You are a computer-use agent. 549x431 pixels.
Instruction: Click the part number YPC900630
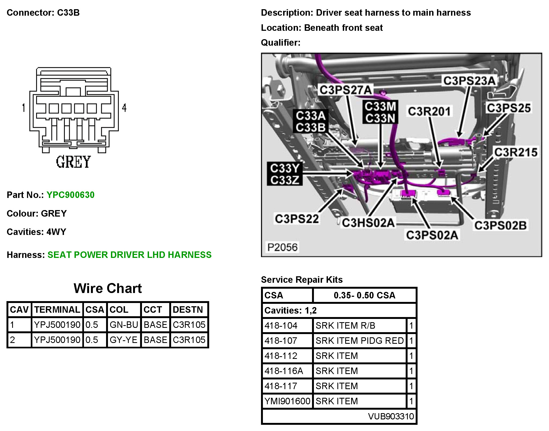[x=70, y=195]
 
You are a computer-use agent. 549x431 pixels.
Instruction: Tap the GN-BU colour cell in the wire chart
[x=124, y=325]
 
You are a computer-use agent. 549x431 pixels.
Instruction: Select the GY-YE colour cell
[x=124, y=340]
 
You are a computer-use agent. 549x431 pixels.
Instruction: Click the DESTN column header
[x=188, y=309]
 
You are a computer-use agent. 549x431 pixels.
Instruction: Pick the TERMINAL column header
[x=57, y=309]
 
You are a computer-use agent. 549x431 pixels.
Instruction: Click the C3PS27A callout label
[x=346, y=90]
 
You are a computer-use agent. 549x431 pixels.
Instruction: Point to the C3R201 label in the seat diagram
[x=429, y=111]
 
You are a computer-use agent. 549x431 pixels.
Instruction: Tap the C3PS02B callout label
[x=500, y=225]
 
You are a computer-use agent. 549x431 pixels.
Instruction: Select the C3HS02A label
[x=368, y=223]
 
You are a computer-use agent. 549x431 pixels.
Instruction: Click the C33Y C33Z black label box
[x=285, y=174]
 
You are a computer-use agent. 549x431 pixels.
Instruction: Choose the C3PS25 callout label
[x=509, y=108]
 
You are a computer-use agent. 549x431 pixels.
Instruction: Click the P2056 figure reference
[x=282, y=247]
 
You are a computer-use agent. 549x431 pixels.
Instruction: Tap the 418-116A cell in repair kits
[x=284, y=371]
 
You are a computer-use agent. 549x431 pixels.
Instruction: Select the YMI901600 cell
[x=287, y=401]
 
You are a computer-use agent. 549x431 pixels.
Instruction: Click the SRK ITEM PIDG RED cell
[x=360, y=341]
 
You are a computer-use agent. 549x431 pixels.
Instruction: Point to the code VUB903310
[x=391, y=416]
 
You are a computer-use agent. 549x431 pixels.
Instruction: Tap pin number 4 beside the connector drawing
[x=124, y=108]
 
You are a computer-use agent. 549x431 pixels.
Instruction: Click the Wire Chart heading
[x=108, y=288]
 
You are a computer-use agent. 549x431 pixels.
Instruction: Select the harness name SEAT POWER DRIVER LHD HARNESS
[x=130, y=255]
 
